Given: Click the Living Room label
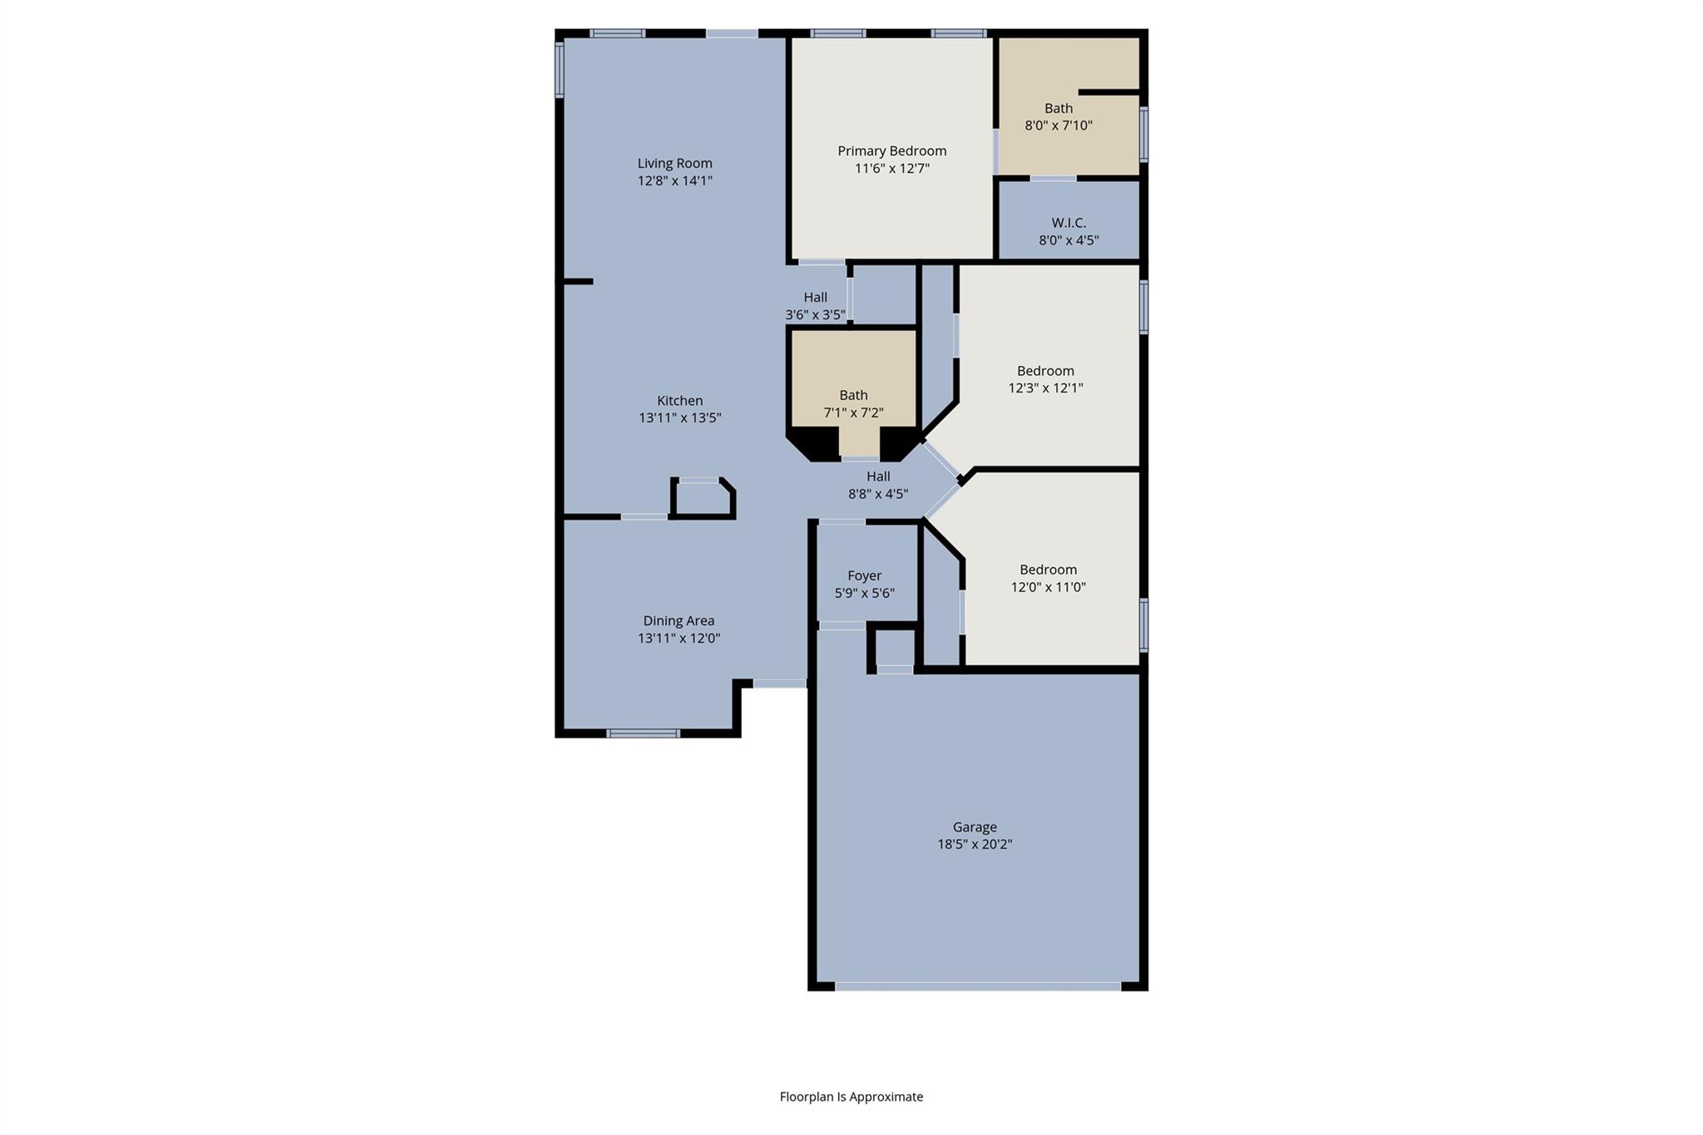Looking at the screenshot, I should tap(674, 163).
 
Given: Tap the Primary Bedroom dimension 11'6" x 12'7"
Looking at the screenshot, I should tap(891, 169).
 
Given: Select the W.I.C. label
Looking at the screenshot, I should tap(1069, 223).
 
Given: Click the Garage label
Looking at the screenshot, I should tap(974, 827).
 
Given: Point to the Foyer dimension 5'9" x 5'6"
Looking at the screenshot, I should tap(864, 594).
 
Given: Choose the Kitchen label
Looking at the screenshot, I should tap(679, 401).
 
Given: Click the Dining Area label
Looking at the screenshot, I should tap(679, 620).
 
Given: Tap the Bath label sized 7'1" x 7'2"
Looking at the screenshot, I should tap(853, 395).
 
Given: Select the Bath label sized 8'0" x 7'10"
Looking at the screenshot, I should tap(1058, 108).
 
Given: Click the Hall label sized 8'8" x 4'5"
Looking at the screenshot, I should tap(878, 476).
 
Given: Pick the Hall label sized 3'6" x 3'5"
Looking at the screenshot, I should tap(815, 297).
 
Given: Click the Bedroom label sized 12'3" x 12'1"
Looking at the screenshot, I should tap(1045, 371).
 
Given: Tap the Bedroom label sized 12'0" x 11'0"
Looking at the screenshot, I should tap(1048, 570).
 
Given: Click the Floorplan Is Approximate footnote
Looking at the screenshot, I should tap(851, 1097).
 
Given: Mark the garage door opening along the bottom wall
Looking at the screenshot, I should tap(978, 987).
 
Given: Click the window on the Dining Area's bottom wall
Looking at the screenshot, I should tap(643, 733).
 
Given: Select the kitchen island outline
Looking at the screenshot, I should tap(703, 499).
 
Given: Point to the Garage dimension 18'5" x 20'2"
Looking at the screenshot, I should tap(974, 845).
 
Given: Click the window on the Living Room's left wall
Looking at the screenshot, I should tap(560, 70).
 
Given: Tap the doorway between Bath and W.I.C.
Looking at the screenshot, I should tap(1053, 178).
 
